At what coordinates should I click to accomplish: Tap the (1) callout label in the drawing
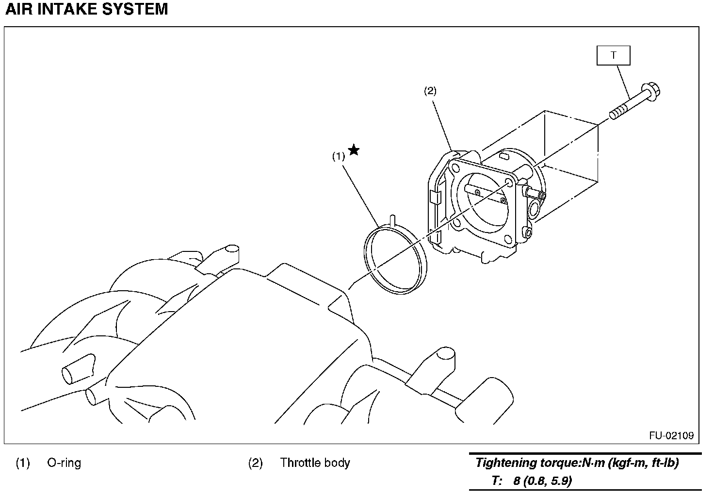click(339, 156)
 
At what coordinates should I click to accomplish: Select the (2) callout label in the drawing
click(430, 91)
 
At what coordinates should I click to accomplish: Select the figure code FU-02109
click(671, 435)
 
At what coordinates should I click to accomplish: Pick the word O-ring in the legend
click(64, 463)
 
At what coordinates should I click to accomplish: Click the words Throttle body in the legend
click(315, 463)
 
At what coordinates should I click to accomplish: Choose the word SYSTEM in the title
click(135, 9)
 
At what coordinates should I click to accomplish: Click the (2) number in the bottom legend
click(255, 463)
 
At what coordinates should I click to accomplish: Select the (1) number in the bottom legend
click(23, 463)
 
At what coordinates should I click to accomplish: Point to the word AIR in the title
click(19, 9)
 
